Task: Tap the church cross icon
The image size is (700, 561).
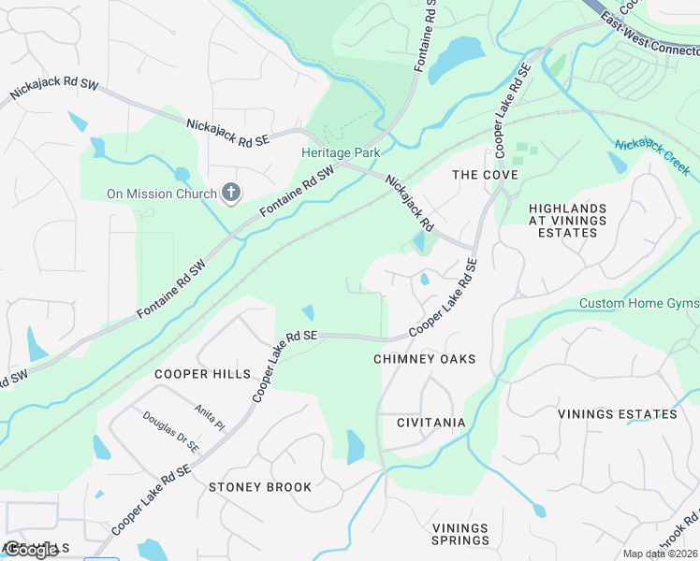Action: (x=230, y=194)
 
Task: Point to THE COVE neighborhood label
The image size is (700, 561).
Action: (x=485, y=175)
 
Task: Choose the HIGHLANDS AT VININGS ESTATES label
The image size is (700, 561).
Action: (x=567, y=220)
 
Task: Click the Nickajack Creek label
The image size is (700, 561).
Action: (x=652, y=157)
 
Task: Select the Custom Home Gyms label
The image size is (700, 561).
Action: (x=639, y=304)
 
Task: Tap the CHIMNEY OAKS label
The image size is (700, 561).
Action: (x=424, y=359)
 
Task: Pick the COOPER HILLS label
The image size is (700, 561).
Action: (x=203, y=374)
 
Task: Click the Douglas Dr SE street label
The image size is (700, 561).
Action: (x=171, y=432)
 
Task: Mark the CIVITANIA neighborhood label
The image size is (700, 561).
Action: (x=430, y=423)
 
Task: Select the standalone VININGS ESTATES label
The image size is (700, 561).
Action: (x=617, y=413)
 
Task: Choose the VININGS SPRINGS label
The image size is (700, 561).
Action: (x=460, y=534)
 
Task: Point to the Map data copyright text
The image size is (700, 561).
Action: (x=660, y=554)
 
